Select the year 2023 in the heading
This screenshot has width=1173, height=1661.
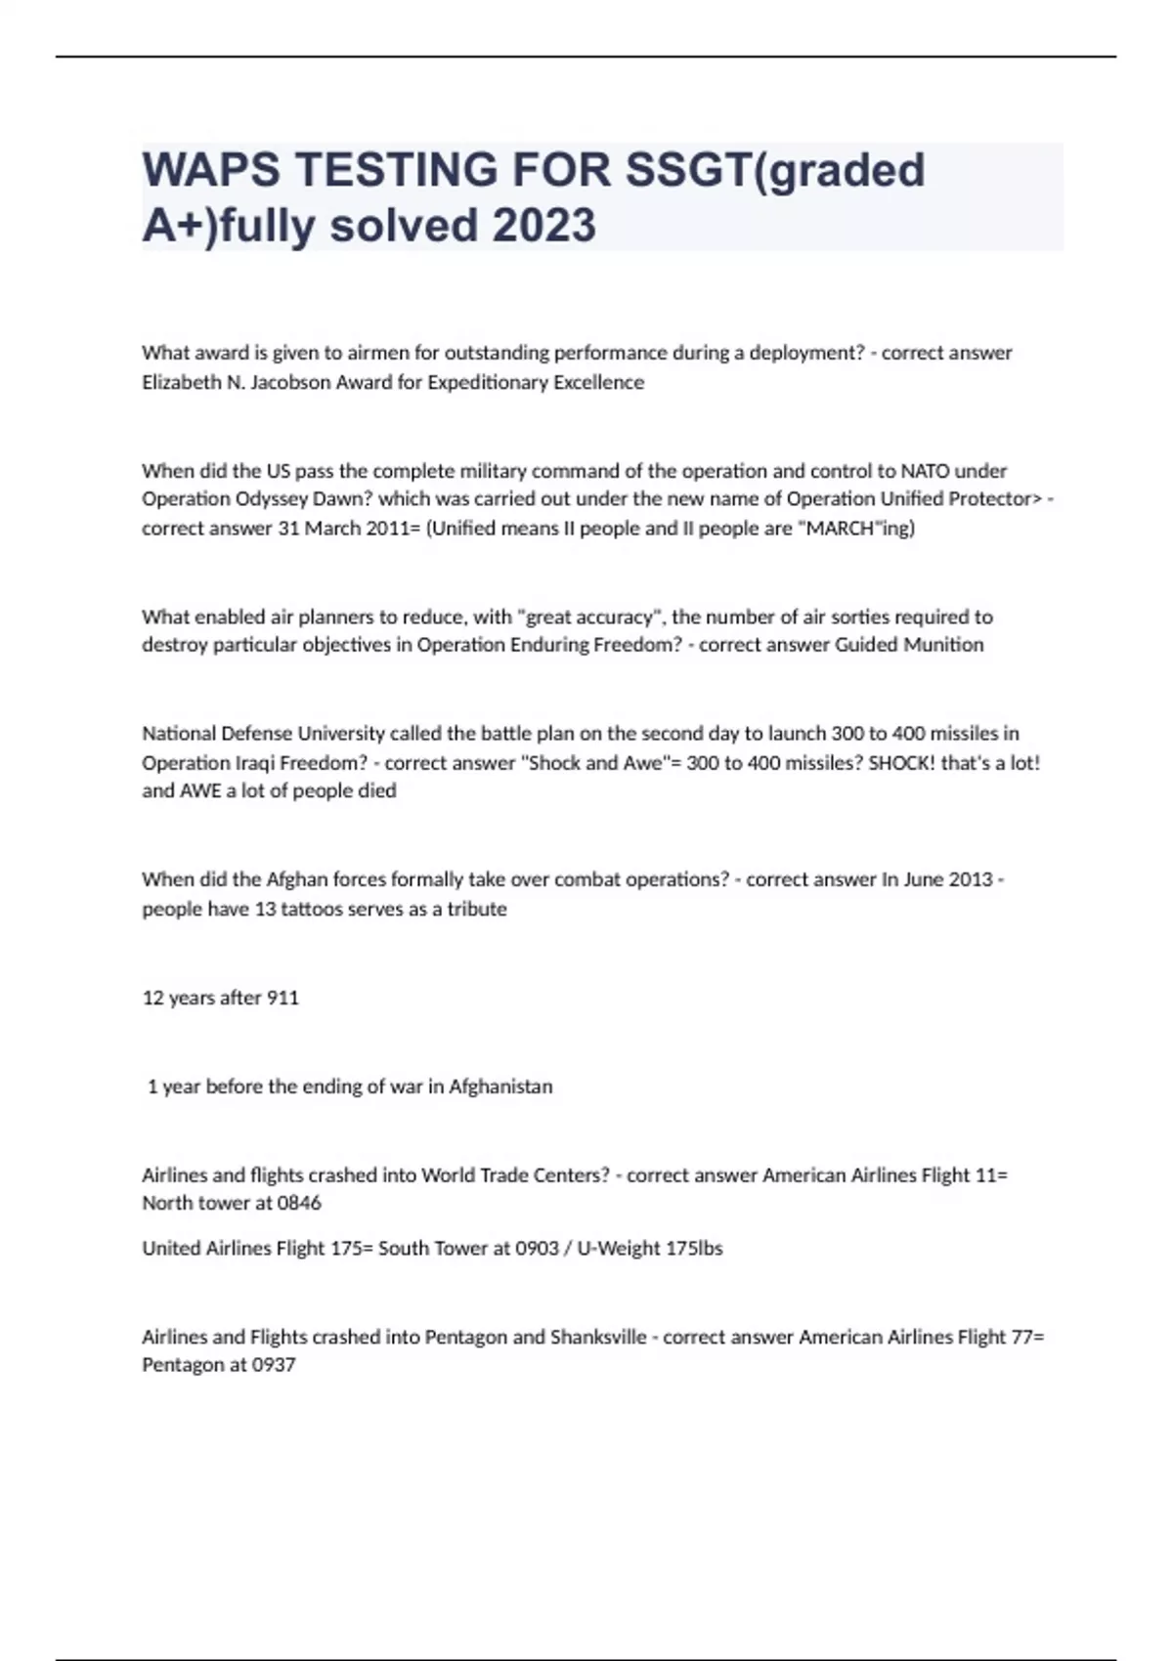(x=543, y=226)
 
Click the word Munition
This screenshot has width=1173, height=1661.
(x=944, y=644)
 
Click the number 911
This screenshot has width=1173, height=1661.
(x=282, y=998)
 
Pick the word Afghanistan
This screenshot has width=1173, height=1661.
(x=500, y=1086)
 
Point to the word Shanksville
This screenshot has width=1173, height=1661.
(x=598, y=1336)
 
